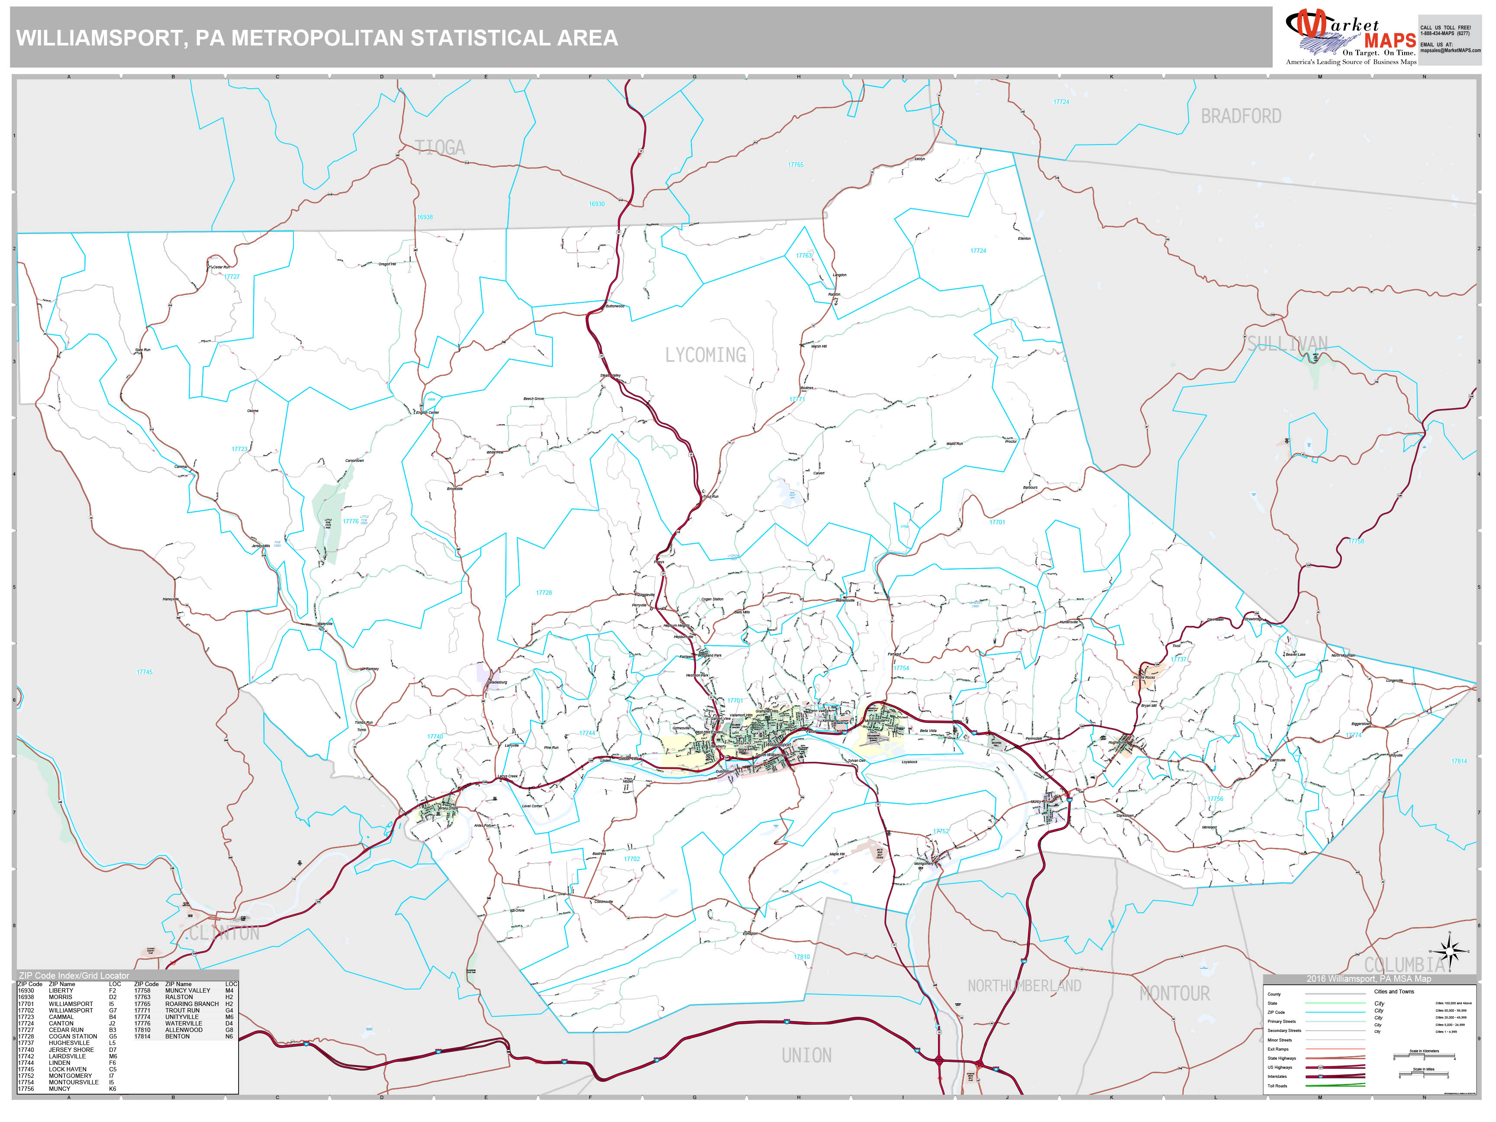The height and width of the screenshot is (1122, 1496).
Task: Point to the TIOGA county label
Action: tap(440, 148)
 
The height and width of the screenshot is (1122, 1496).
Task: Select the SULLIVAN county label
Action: tap(1287, 344)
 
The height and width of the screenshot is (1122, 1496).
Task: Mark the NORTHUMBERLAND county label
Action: tap(1024, 986)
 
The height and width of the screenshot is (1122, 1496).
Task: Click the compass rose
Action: tap(1449, 951)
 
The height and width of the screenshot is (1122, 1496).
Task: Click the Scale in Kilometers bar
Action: tap(1424, 1056)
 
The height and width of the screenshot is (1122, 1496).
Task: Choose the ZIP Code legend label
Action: tap(1276, 1012)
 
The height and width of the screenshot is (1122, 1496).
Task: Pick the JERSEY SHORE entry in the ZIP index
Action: tap(71, 1050)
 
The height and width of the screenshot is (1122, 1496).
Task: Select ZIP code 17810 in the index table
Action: tap(142, 1030)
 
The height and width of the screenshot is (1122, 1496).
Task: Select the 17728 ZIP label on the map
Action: tap(544, 593)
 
